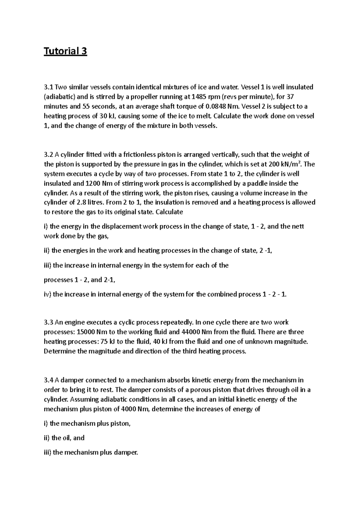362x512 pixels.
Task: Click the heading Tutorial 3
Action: point(65,52)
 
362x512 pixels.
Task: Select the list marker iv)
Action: point(47,294)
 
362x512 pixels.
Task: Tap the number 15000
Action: point(86,332)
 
